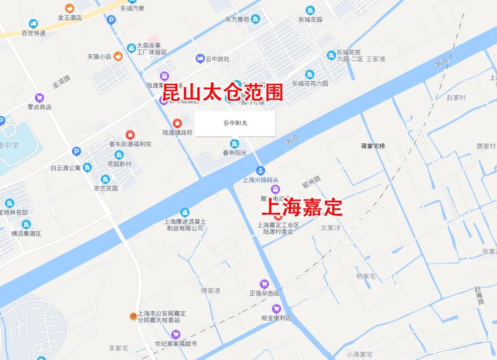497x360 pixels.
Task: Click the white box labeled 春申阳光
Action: pos(235,123)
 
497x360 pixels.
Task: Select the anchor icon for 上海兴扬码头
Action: pos(260,171)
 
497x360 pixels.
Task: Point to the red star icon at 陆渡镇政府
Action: pos(177,123)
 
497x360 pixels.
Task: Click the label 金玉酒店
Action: pos(69,17)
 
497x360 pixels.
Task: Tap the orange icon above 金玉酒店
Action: pos(69,8)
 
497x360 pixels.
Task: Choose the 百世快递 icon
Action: pos(33,24)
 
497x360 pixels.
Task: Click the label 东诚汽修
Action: pos(132,8)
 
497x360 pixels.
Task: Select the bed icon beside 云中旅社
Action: pos(200,58)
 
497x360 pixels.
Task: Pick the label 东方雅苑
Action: pos(237,19)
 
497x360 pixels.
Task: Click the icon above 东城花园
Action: pos(310,10)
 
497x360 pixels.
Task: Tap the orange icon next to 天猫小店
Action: pos(118,57)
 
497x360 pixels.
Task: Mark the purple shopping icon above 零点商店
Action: pos(40,97)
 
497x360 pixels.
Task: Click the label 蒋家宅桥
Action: pos(373,146)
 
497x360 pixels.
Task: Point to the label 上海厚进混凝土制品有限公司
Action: pos(185,225)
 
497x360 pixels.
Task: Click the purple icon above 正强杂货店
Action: pos(264,284)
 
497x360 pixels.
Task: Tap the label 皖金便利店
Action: pos(276,318)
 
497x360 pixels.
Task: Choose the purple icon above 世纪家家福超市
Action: pos(175,334)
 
